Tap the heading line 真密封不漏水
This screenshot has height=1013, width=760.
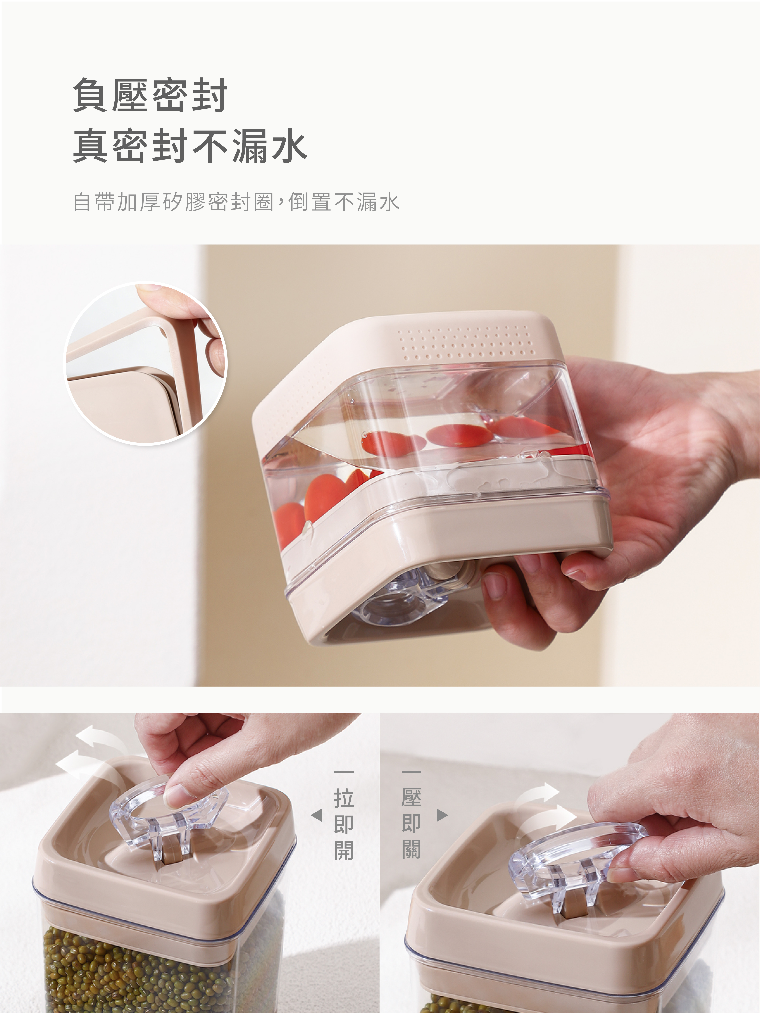point(190,146)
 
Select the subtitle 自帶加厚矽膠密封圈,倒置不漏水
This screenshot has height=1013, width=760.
point(236,202)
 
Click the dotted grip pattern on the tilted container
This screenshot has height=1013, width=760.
point(467,344)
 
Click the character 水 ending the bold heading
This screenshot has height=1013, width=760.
point(288,146)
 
